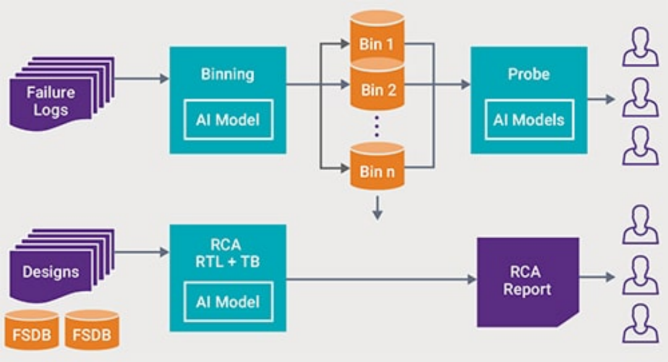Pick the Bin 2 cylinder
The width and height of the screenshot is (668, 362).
tap(377, 87)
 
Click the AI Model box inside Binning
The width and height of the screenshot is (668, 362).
tap(227, 119)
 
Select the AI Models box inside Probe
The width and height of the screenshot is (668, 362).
tap(529, 119)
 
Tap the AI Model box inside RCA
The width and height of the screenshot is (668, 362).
tap(227, 302)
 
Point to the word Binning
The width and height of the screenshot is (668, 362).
tap(227, 74)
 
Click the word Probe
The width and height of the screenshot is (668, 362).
tap(529, 74)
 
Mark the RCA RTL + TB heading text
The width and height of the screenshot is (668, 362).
tap(227, 253)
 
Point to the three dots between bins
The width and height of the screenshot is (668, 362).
tap(377, 127)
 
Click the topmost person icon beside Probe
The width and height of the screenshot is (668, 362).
tap(640, 47)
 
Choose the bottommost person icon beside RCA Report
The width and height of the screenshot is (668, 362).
tap(640, 324)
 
